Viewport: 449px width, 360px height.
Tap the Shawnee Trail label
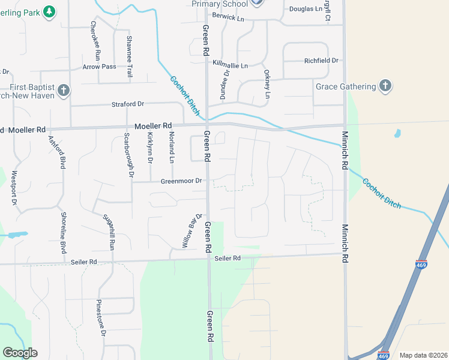[128, 56]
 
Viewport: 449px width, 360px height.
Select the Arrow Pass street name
[100, 67]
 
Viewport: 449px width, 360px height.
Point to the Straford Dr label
[128, 104]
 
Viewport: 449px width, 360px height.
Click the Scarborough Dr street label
[127, 155]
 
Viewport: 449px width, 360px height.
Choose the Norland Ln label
[171, 147]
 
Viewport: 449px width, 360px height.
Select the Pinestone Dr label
[101, 317]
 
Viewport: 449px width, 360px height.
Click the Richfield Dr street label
[321, 61]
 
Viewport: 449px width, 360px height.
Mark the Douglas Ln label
[306, 9]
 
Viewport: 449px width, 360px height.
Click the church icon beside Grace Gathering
[385, 86]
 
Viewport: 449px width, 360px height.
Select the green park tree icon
[49, 11]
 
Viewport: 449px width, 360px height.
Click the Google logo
[20, 353]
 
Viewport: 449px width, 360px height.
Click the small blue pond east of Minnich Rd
[397, 133]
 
